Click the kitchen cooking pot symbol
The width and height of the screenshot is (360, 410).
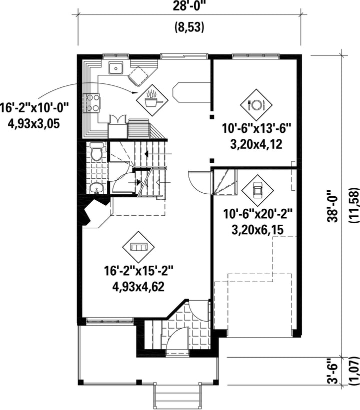coord(152,99)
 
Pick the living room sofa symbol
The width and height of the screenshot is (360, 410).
coord(136,247)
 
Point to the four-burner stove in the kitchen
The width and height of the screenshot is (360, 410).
coord(92,102)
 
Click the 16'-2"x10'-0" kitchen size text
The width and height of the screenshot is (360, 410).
coord(34,107)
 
